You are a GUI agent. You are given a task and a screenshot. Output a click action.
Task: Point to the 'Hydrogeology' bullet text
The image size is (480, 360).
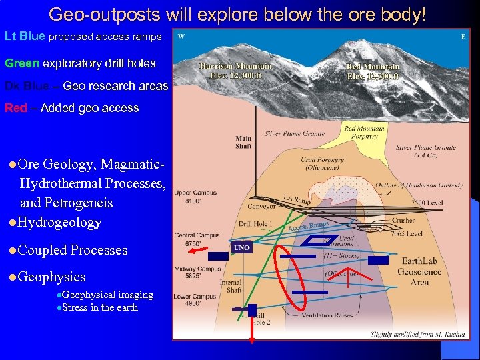click(60, 222)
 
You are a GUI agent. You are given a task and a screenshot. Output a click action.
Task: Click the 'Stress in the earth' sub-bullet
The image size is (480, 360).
click(99, 307)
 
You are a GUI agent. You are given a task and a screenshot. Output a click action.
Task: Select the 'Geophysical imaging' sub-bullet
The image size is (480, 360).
click(107, 295)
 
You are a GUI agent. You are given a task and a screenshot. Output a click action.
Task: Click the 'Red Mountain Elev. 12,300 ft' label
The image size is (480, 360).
click(373, 71)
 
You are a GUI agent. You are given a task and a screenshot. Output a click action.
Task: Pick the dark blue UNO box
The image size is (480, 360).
click(241, 247)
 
